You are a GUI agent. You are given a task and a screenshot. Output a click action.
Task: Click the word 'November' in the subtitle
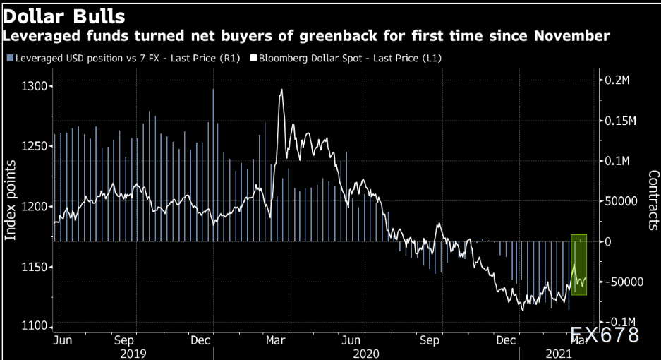click(x=573, y=35)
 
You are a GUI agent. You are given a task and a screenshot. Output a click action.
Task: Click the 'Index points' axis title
click(x=11, y=200)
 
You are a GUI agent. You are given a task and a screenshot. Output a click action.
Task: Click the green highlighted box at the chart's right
click(x=579, y=264)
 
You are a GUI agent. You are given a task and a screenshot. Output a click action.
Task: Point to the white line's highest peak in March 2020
click(x=281, y=90)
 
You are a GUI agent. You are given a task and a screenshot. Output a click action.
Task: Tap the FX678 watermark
click(x=605, y=334)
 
